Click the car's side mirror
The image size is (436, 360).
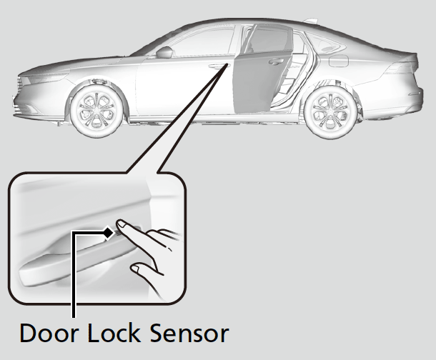coord(164,52)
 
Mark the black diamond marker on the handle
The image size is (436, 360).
coord(108,233)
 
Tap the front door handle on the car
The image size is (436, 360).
coord(215,67)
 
